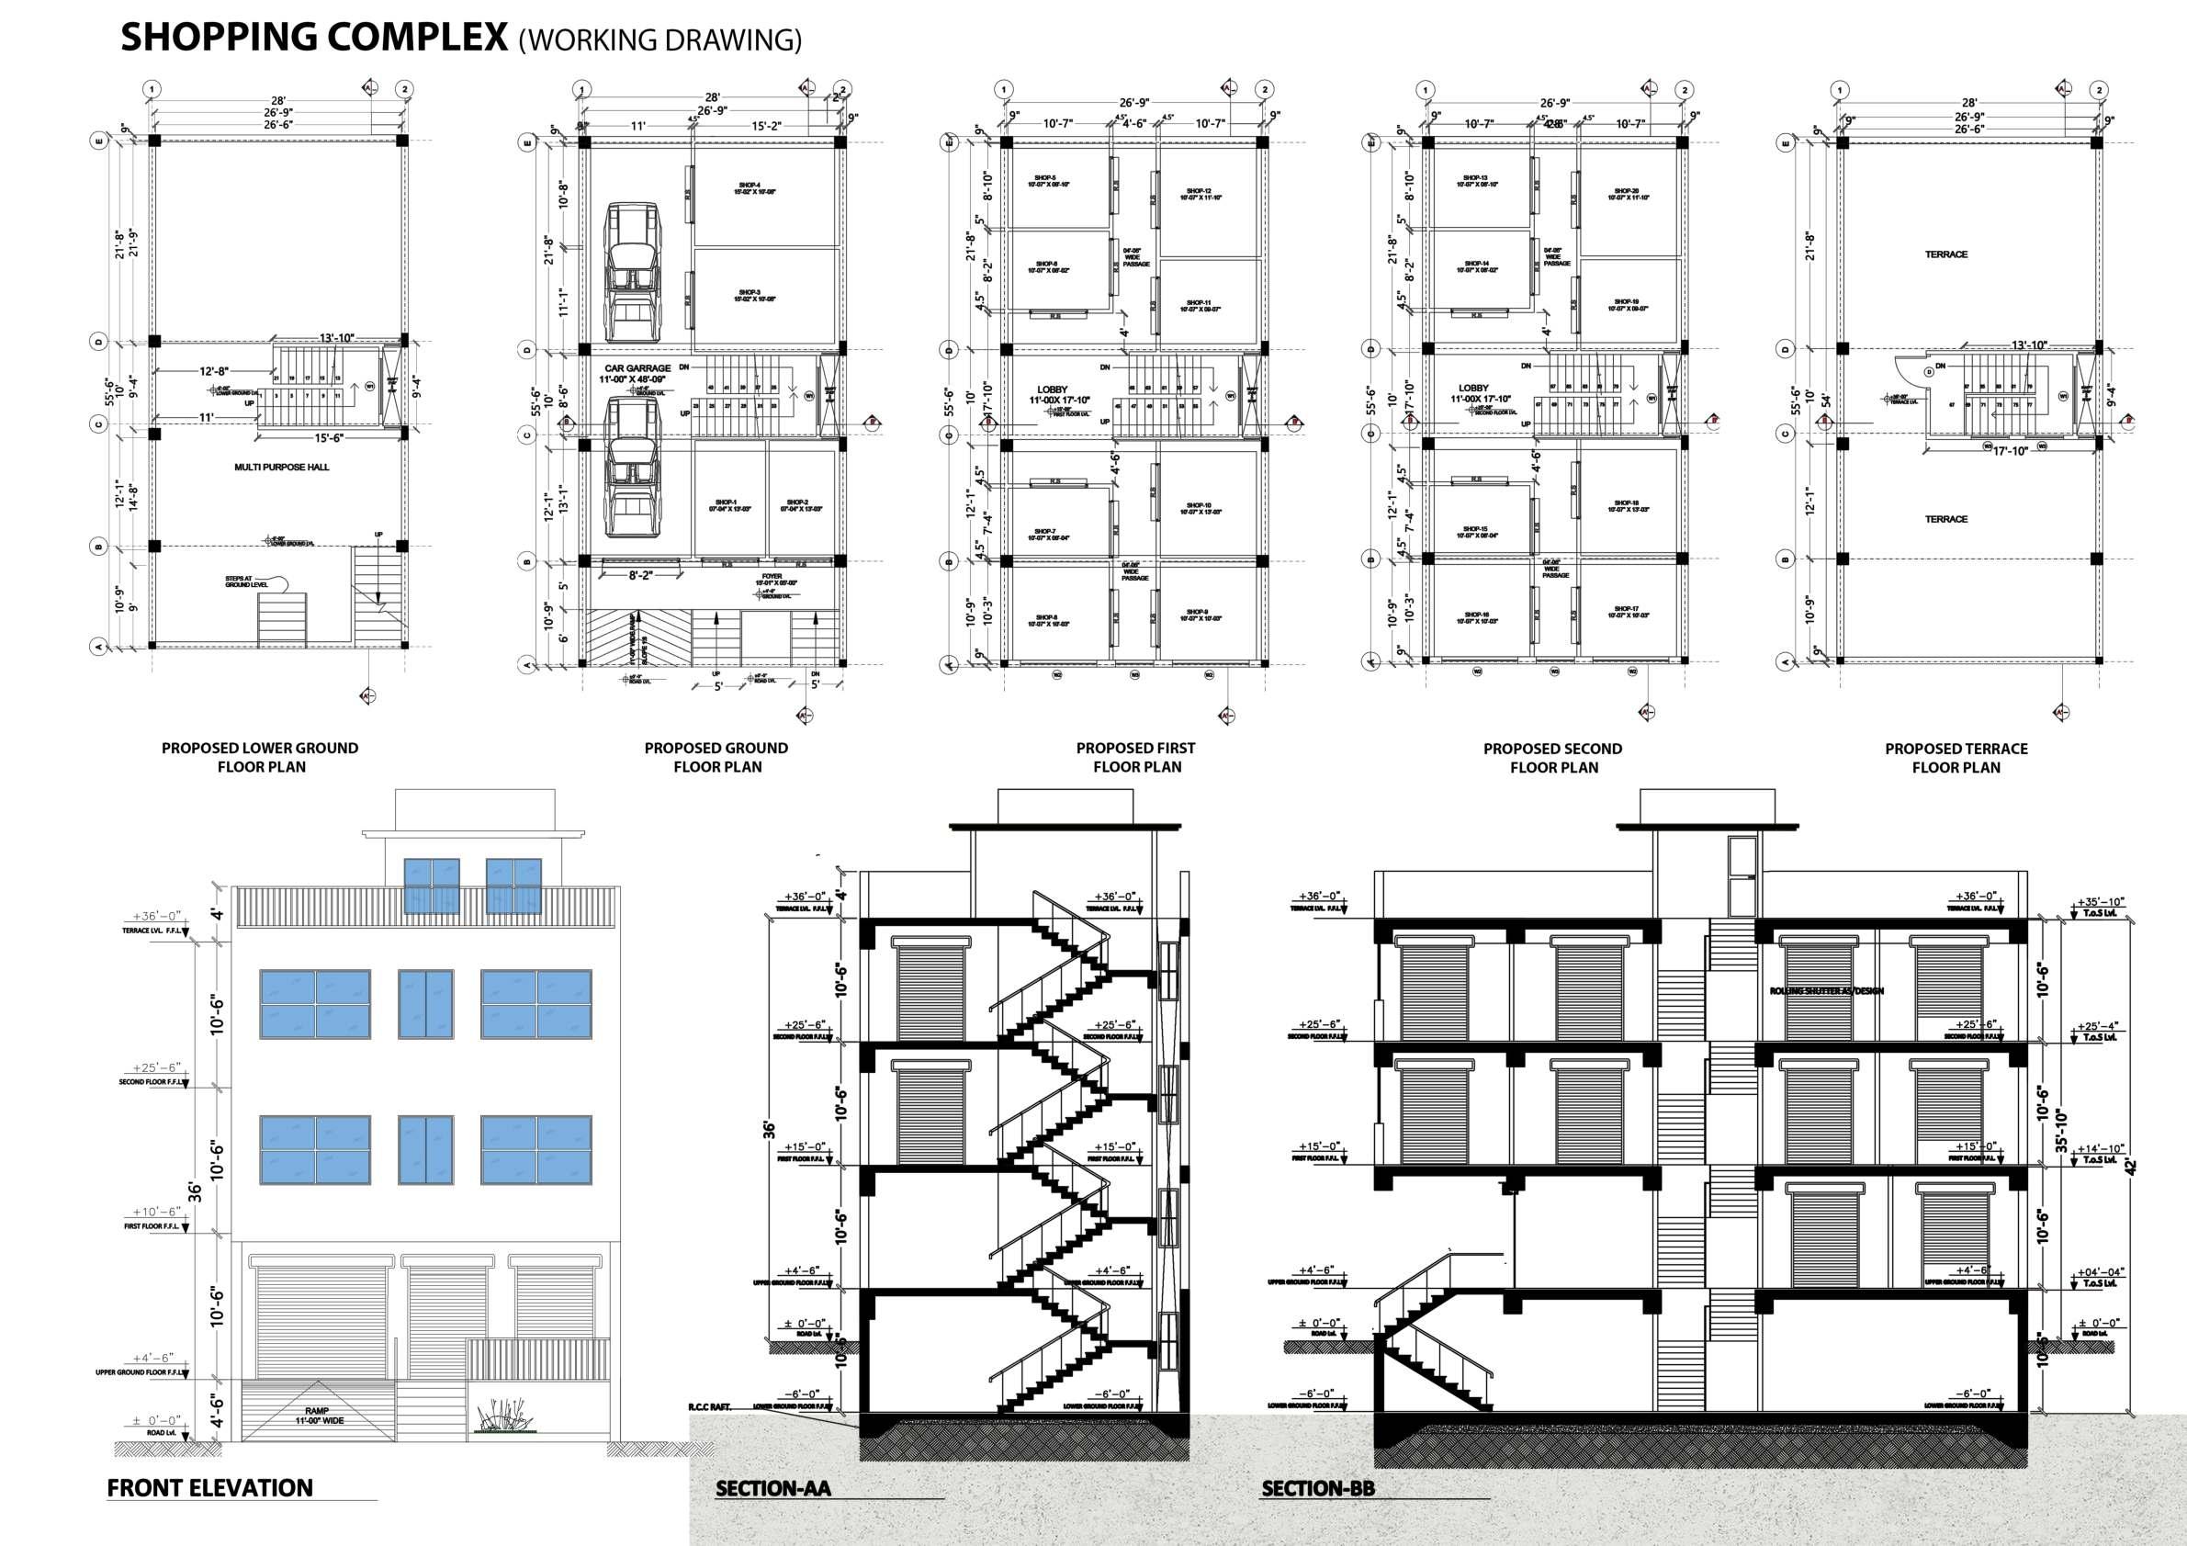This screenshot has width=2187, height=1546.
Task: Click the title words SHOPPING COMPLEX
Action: pyautogui.click(x=313, y=37)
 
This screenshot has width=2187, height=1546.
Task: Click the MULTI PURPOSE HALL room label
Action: pyautogui.click(x=281, y=468)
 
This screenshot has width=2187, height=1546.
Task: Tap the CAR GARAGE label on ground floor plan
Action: pyautogui.click(x=637, y=368)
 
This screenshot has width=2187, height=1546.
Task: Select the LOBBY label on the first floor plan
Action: pyautogui.click(x=1053, y=389)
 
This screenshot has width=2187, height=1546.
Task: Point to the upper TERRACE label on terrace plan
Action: pyautogui.click(x=1946, y=255)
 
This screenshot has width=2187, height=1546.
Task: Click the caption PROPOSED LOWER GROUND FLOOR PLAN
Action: pyautogui.click(x=260, y=757)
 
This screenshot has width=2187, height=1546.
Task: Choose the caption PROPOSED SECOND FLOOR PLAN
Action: pyautogui.click(x=1552, y=758)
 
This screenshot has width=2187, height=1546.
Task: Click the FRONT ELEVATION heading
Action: pyautogui.click(x=209, y=1489)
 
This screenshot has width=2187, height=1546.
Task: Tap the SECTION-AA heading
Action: pyautogui.click(x=773, y=1489)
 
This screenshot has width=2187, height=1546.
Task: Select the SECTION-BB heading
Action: pyautogui.click(x=1318, y=1489)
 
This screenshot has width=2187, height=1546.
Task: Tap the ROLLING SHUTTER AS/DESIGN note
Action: pyautogui.click(x=1826, y=991)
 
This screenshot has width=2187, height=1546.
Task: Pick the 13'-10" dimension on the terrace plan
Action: pyautogui.click(x=2029, y=344)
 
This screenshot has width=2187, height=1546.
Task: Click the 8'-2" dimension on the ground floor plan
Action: pyautogui.click(x=646, y=576)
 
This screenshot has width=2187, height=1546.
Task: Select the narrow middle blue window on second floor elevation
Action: pyautogui.click(x=426, y=1004)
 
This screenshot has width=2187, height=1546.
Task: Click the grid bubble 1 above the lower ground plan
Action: pyautogui.click(x=151, y=89)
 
